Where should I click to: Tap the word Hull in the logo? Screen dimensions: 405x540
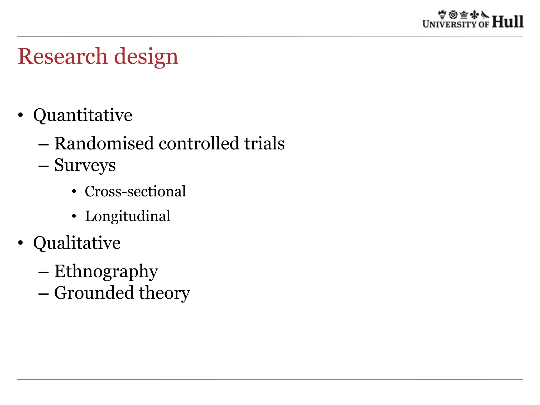pos(508,22)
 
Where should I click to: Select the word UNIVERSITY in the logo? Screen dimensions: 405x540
pos(450,24)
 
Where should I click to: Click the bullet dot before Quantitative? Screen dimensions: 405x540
pos(21,115)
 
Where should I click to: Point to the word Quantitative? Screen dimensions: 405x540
pos(83,115)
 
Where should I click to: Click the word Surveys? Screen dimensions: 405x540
pos(85,166)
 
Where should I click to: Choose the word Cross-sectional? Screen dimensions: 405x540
pos(135,191)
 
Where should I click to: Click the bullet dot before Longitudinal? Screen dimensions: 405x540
pos(74,216)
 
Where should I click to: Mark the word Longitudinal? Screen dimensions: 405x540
pos(128,216)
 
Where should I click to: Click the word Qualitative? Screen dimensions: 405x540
pos(77,243)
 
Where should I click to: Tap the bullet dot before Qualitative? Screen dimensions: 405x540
pos(21,243)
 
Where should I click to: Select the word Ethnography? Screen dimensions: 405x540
pos(106,271)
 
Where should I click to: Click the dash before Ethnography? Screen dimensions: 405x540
pos(43,272)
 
